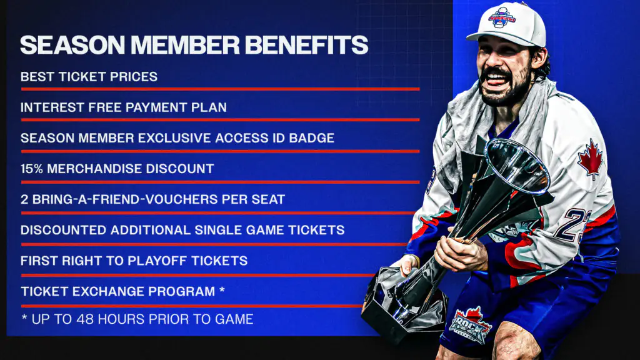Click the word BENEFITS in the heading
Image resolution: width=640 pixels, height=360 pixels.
(x=306, y=45)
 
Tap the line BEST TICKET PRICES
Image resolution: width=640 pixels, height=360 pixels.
(x=89, y=77)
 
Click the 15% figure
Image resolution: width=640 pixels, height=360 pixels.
(x=32, y=169)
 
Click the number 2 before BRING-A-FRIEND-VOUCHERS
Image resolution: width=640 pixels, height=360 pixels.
(x=24, y=199)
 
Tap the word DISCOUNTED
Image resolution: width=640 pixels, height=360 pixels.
(x=63, y=230)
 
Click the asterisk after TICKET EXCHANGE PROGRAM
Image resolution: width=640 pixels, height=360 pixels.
(x=222, y=289)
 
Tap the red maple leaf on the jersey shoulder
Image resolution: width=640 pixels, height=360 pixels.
(x=590, y=159)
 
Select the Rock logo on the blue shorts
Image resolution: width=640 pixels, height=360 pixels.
(x=470, y=324)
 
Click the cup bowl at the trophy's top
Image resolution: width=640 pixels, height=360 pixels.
(x=517, y=165)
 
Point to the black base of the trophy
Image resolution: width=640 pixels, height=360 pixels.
(x=404, y=304)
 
